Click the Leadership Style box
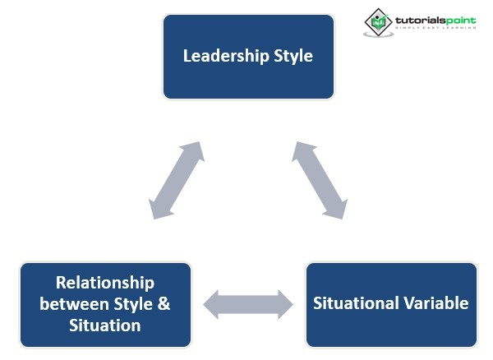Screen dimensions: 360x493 pos(248,57)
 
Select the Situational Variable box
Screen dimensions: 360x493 pos(390,304)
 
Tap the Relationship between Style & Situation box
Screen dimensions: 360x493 pos(105,304)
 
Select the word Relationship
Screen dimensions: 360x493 pos(105,284)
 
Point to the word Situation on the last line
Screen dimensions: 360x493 pos(105,325)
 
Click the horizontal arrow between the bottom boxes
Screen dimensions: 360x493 pos(248,304)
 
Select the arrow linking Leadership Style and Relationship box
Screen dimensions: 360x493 pos(176,181)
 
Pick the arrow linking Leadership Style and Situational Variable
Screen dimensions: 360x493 pos(319,181)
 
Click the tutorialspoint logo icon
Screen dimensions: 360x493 pos(378,22)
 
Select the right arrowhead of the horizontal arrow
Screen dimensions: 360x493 pos(284,304)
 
